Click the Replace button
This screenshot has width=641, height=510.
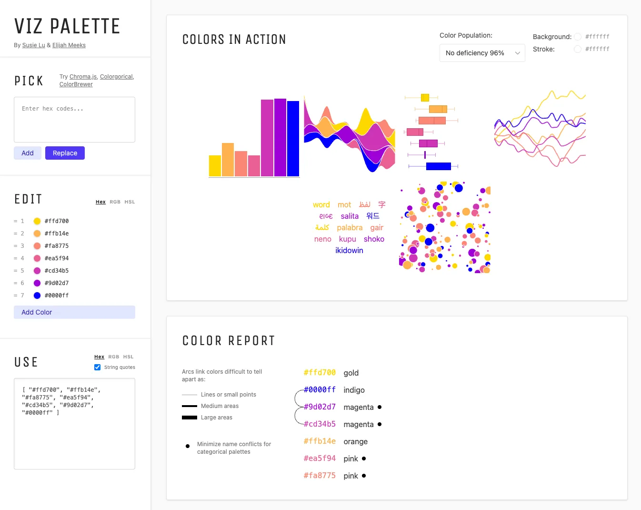pos(65,153)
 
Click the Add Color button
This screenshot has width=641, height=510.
pos(74,312)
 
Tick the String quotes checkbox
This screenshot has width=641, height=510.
pos(98,367)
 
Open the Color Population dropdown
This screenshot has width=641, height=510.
pos(482,53)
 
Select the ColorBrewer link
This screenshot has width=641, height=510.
pos(76,84)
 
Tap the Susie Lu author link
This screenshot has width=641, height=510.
pos(33,45)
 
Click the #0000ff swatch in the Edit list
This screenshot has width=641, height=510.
pos(37,296)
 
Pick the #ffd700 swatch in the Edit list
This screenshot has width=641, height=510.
pos(37,221)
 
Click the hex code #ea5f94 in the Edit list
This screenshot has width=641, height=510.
pos(57,258)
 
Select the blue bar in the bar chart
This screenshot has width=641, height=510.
pos(293,138)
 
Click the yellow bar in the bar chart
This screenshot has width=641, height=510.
pos(215,166)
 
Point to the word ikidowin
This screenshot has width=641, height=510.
pos(349,251)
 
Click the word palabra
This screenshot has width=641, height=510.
pos(350,228)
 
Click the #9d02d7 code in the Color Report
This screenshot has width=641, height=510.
pos(320,407)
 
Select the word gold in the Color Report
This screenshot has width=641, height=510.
pos(351,373)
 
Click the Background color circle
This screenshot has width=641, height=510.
pos(578,37)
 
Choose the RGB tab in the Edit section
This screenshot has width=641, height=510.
pos(115,202)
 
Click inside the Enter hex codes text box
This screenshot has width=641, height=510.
pos(74,120)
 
